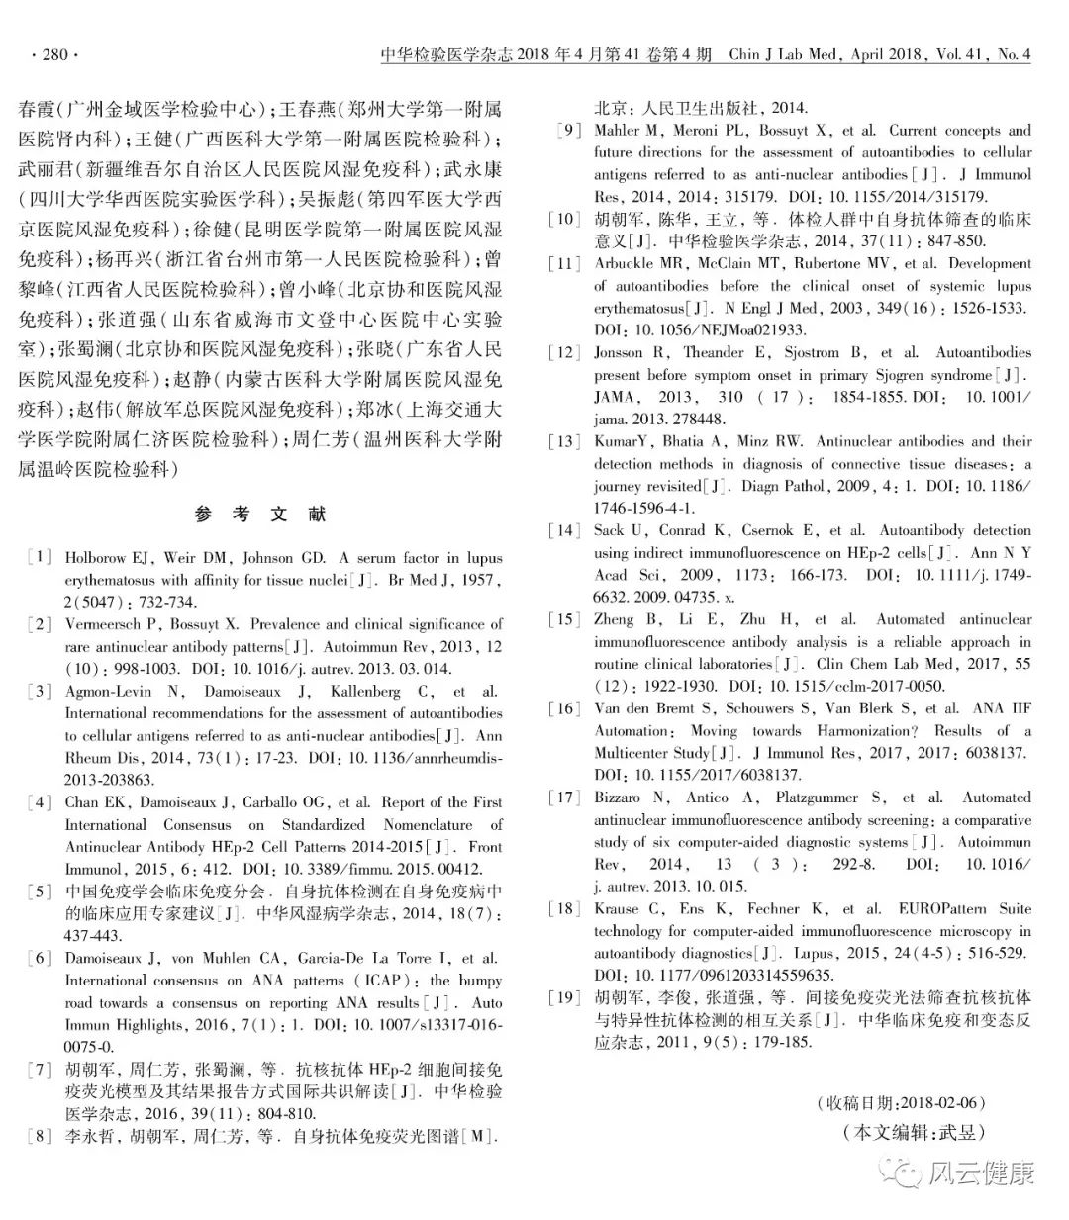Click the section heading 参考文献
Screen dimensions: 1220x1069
click(260, 515)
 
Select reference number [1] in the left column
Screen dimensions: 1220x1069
click(41, 558)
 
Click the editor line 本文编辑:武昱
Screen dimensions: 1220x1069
click(914, 1132)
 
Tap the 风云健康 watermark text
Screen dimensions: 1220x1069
click(982, 1174)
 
